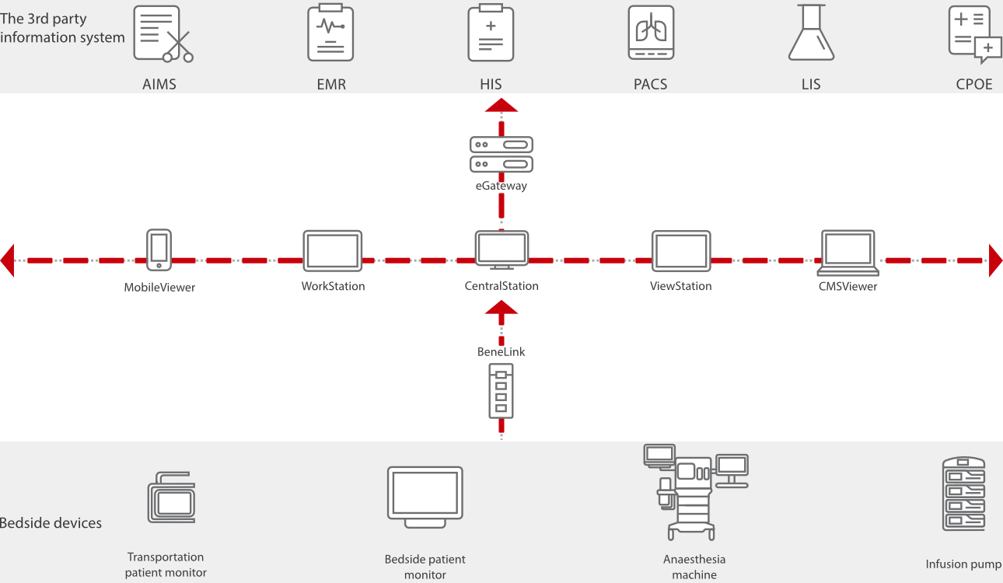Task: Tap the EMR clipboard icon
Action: [330, 33]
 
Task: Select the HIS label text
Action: [491, 84]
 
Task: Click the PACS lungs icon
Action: [651, 33]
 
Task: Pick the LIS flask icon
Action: [811, 33]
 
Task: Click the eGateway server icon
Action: [501, 154]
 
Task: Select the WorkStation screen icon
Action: [333, 250]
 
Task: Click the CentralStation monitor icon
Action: [501, 250]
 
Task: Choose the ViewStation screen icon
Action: [681, 250]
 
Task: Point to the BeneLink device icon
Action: [501, 393]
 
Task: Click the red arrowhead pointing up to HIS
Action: [501, 106]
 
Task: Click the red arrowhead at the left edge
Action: [8, 260]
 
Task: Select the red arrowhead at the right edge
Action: [995, 260]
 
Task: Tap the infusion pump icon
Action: [963, 494]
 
